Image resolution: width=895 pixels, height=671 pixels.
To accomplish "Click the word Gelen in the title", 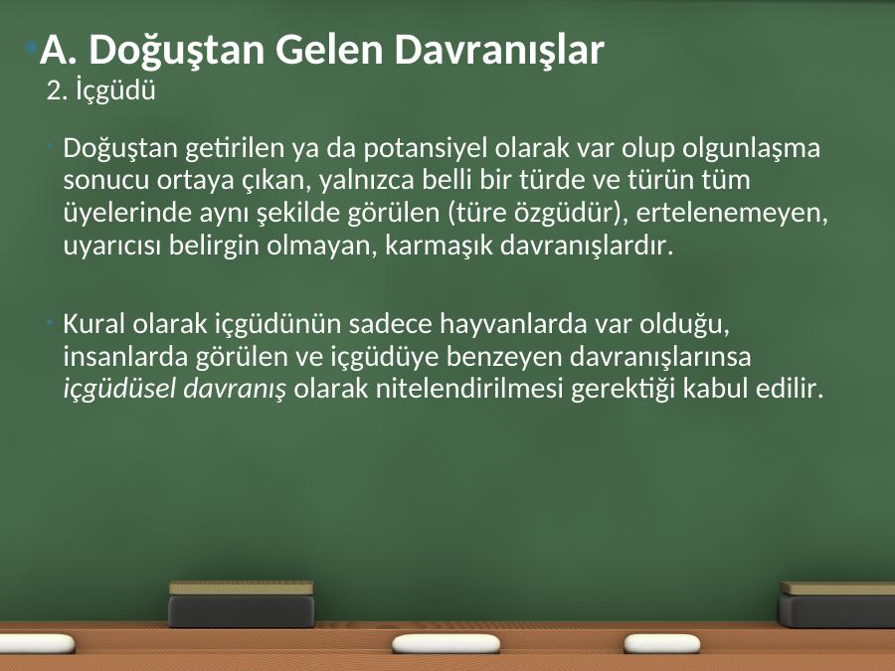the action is (x=329, y=49).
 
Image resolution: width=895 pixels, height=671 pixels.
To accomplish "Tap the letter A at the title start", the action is (x=57, y=50).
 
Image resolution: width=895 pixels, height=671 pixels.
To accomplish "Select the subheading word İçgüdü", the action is (x=116, y=90).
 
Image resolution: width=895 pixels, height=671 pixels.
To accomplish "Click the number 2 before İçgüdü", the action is (x=53, y=91).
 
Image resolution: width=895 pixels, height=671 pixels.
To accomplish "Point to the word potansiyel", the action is (x=426, y=148).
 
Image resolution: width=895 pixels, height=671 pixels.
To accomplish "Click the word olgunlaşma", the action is (x=751, y=149).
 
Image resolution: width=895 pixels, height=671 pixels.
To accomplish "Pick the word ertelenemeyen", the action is (x=732, y=214).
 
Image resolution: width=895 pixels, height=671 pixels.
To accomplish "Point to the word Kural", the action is (x=94, y=323).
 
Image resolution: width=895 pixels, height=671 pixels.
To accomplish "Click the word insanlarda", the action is (x=126, y=357).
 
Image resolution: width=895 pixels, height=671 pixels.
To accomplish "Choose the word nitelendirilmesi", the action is (x=468, y=389).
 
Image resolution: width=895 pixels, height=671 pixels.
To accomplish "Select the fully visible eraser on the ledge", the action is (x=242, y=603).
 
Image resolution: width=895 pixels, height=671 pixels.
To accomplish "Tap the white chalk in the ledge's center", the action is (x=446, y=644).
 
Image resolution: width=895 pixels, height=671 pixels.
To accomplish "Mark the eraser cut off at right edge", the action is (x=837, y=604).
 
